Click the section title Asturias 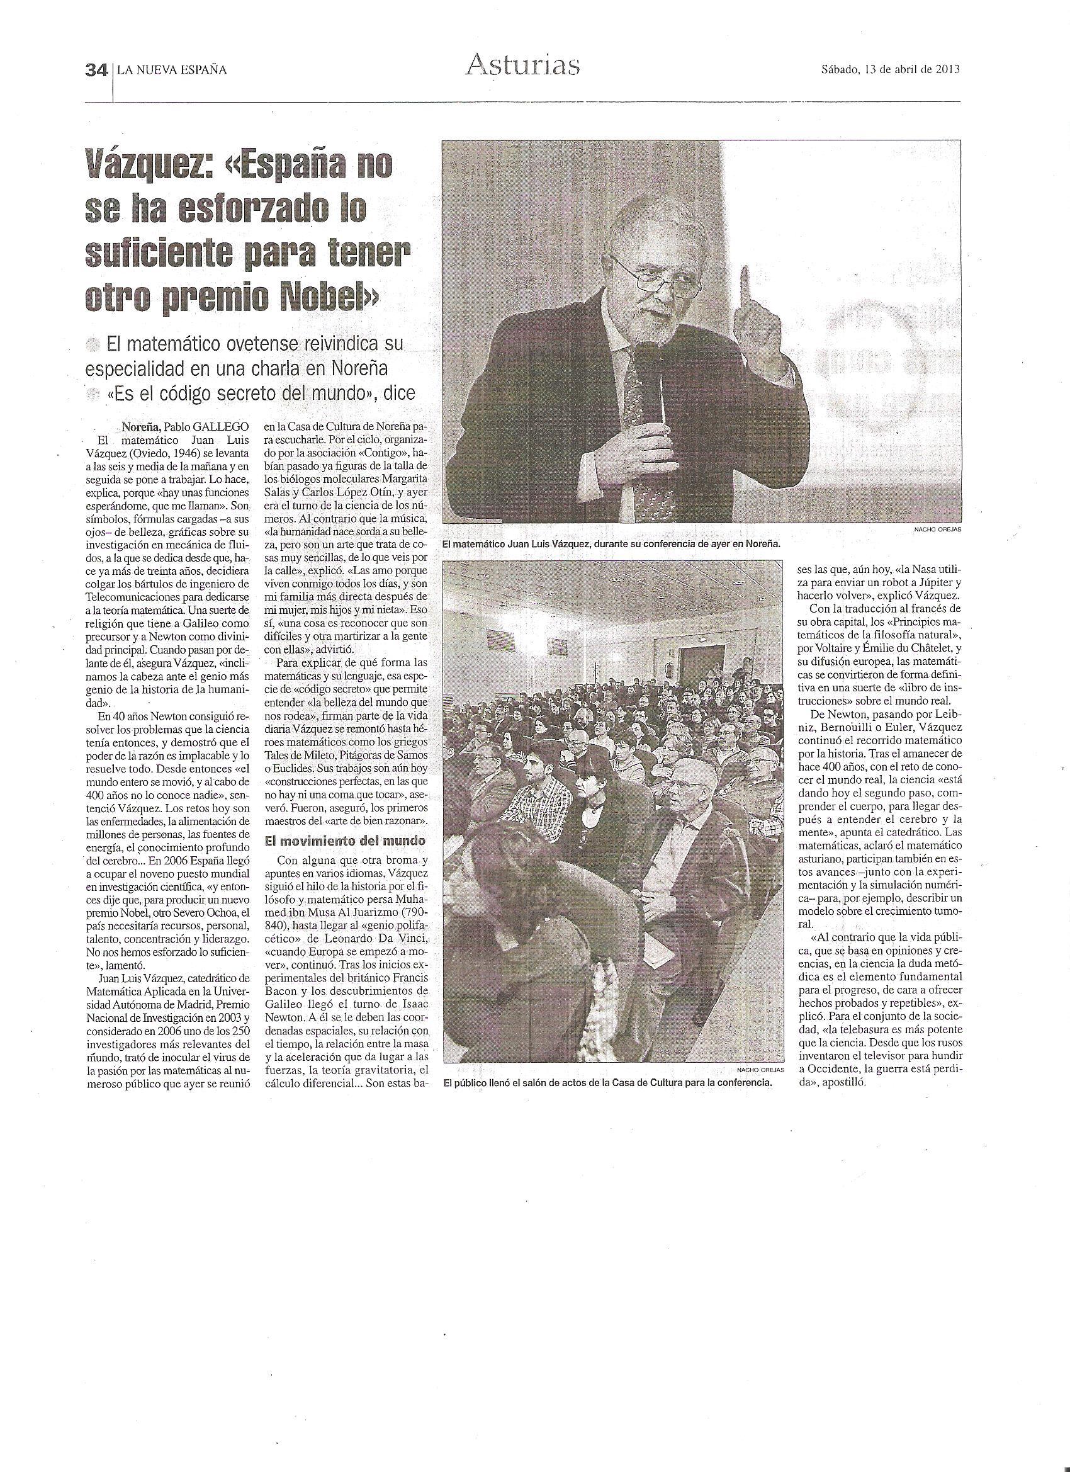tap(522, 65)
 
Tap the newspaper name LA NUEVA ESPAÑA tap(172, 70)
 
